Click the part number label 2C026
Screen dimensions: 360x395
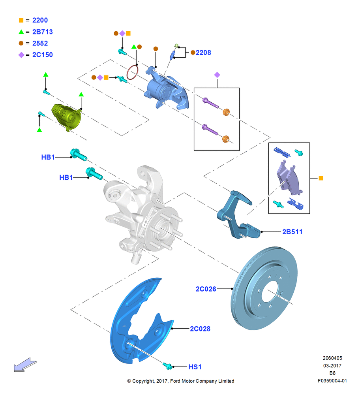tap(206, 289)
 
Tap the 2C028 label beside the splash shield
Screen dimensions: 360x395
tap(200, 329)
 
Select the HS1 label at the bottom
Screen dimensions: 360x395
tap(195, 367)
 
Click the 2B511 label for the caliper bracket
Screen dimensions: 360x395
tap(292, 232)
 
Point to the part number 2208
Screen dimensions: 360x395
tap(203, 53)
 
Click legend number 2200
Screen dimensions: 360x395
tap(40, 20)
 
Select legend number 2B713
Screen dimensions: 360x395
tap(43, 32)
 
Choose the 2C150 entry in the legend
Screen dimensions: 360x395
tap(43, 55)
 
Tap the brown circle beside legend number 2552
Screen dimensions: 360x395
tap(21, 43)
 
